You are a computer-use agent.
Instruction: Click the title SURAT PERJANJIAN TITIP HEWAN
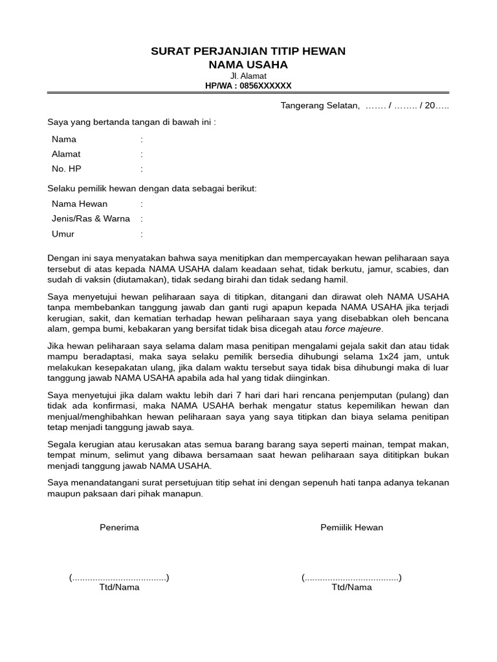click(248, 51)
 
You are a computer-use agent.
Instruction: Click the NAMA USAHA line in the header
click(248, 65)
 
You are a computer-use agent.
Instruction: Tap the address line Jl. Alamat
click(248, 76)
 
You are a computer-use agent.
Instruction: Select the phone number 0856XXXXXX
click(265, 85)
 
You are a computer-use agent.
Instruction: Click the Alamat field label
click(66, 154)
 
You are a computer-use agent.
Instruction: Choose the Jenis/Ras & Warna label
click(91, 219)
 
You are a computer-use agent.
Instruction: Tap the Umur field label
click(63, 234)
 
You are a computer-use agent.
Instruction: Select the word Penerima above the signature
click(119, 527)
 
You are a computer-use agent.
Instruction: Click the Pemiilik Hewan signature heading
click(351, 527)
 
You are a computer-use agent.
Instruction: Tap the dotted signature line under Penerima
click(119, 577)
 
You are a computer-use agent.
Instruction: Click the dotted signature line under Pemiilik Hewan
click(351, 577)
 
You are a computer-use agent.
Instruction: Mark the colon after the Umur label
click(142, 234)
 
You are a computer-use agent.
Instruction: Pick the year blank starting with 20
click(434, 105)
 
